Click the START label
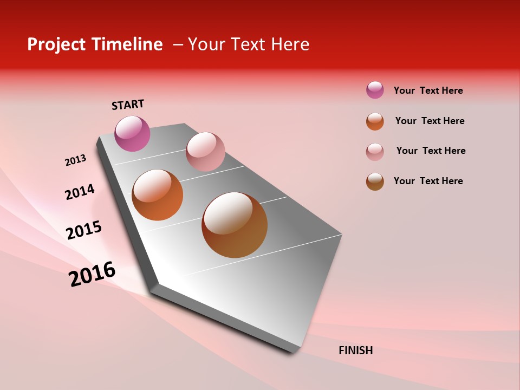[128, 105]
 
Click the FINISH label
[355, 350]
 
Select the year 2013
[75, 160]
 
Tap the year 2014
[80, 192]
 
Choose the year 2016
[92, 274]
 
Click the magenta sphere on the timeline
[132, 133]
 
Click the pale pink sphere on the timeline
[205, 152]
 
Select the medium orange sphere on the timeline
[158, 195]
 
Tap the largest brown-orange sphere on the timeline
[235, 225]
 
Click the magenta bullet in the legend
[375, 90]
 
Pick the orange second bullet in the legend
[375, 121]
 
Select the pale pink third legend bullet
[375, 152]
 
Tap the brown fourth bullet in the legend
[375, 181]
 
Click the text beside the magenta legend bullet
[428, 90]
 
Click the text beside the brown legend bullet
[428, 181]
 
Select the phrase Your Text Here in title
[248, 44]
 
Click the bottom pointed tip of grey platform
[292, 351]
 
